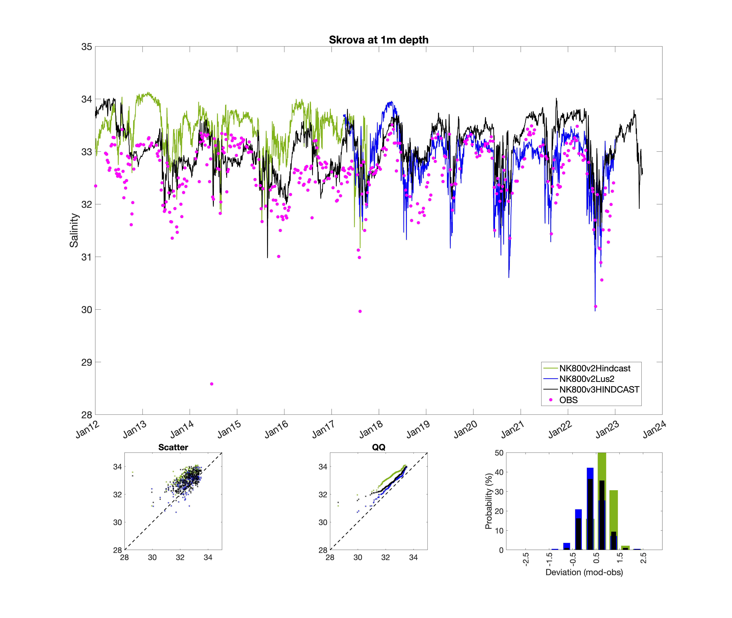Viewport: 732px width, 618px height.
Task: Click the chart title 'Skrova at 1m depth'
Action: pyautogui.click(x=378, y=40)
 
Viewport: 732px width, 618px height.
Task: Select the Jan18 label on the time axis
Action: pyautogui.click(x=371, y=430)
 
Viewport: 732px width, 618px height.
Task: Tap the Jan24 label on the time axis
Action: pyautogui.click(x=654, y=430)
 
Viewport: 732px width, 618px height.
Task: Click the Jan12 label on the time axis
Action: pyautogui.click(x=88, y=430)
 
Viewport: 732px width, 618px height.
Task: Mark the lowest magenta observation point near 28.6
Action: pyautogui.click(x=212, y=384)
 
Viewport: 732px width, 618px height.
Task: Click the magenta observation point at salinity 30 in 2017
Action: pyautogui.click(x=360, y=311)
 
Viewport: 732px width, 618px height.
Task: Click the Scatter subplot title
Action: pyautogui.click(x=173, y=447)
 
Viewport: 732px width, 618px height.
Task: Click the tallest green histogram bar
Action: pyautogui.click(x=602, y=501)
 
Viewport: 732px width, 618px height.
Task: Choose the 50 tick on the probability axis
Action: pyautogui.click(x=499, y=453)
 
